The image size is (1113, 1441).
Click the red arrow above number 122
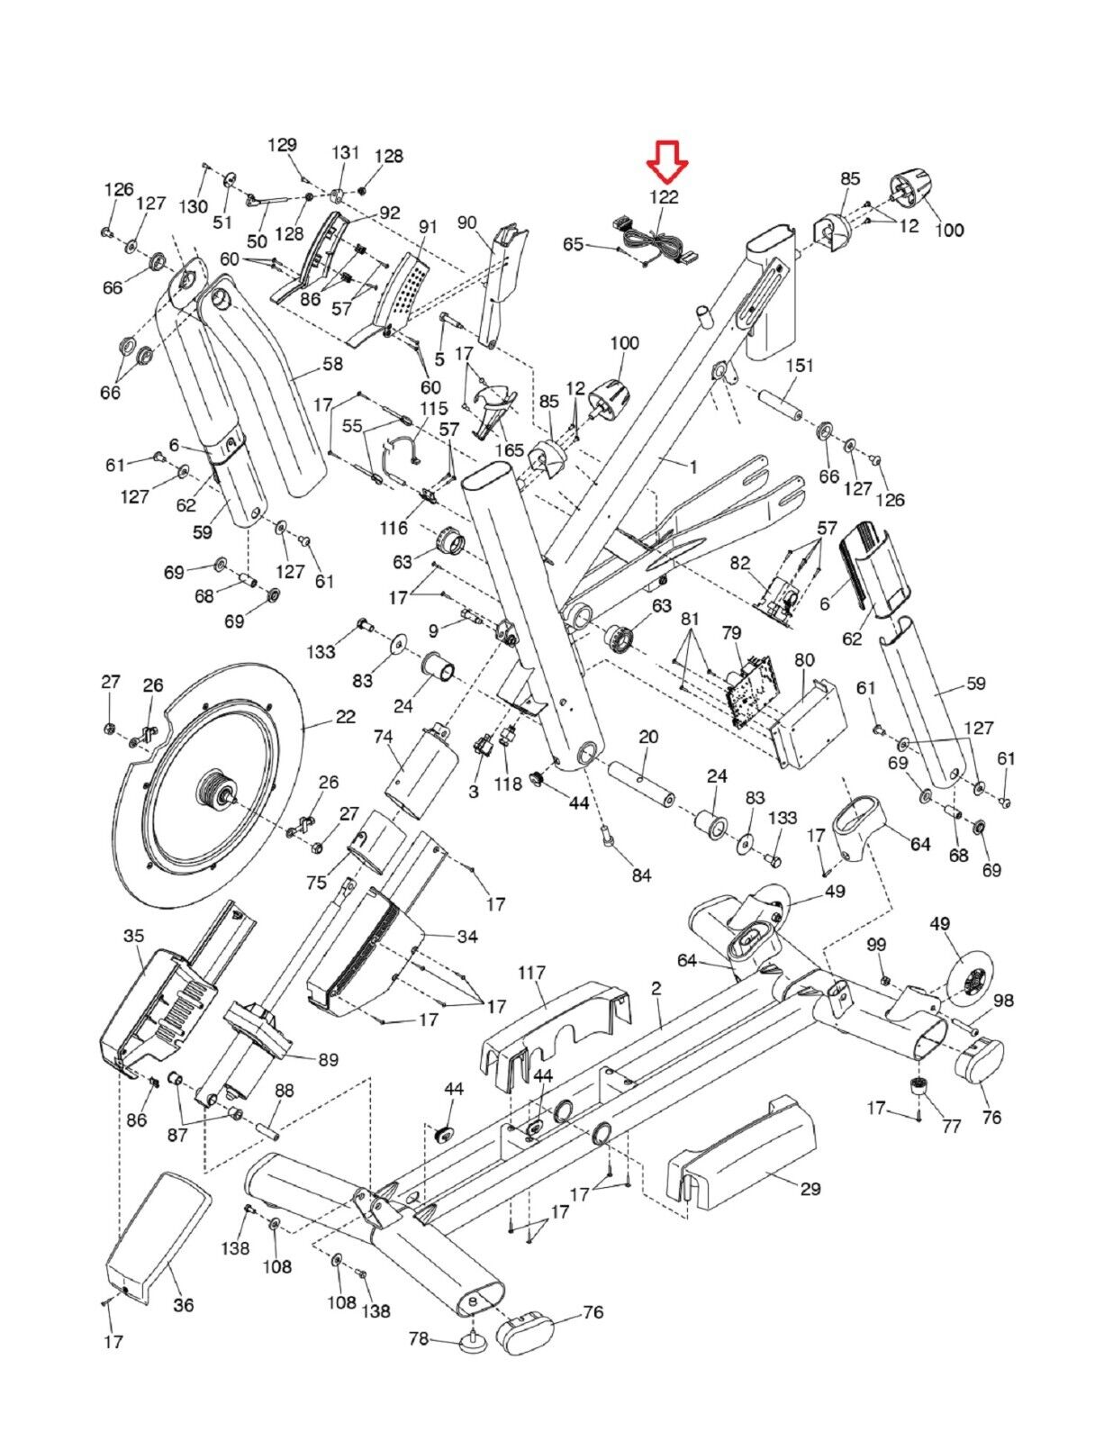[x=667, y=161]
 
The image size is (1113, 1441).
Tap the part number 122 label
[x=664, y=197]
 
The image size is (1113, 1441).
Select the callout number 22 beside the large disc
[x=346, y=716]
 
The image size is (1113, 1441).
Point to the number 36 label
[x=184, y=1304]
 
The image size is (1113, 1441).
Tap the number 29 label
[x=810, y=1188]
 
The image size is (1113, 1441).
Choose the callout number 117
[x=531, y=972]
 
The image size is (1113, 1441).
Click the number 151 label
[x=800, y=366]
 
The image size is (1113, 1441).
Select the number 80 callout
[x=803, y=660]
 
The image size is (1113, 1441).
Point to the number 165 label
[x=510, y=449]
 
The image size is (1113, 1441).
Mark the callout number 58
[x=332, y=363]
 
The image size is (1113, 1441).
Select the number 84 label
[x=641, y=875]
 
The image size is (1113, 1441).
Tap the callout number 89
[x=328, y=1059]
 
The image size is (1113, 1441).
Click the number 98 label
[x=1004, y=1000]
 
